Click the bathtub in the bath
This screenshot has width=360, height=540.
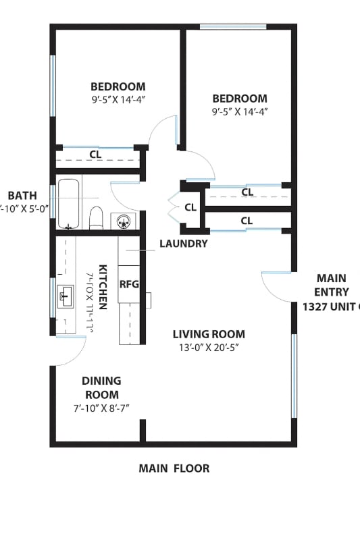(69, 203)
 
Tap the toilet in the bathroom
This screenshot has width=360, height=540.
(96, 218)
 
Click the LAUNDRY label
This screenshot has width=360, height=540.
(183, 244)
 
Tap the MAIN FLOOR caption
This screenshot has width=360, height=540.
(174, 468)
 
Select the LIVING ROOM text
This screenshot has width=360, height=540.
(209, 334)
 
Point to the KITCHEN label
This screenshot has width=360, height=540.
(103, 286)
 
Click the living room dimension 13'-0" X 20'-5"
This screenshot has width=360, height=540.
(209, 348)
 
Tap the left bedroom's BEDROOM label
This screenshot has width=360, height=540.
(118, 86)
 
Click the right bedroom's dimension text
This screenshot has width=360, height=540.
(240, 112)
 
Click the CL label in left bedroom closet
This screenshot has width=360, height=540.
(96, 155)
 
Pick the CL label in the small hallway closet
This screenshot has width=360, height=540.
(190, 207)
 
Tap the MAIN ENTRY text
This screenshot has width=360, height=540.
(331, 286)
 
